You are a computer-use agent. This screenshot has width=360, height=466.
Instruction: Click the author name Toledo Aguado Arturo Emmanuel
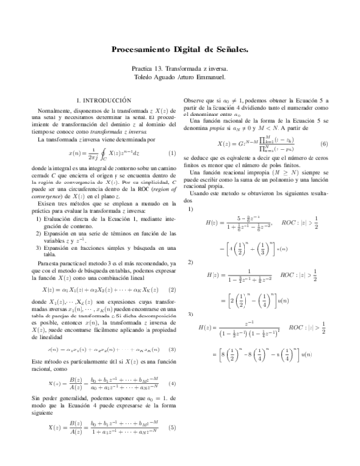[x=180, y=81]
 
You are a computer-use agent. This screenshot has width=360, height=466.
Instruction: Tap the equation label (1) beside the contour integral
[x=173, y=182]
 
